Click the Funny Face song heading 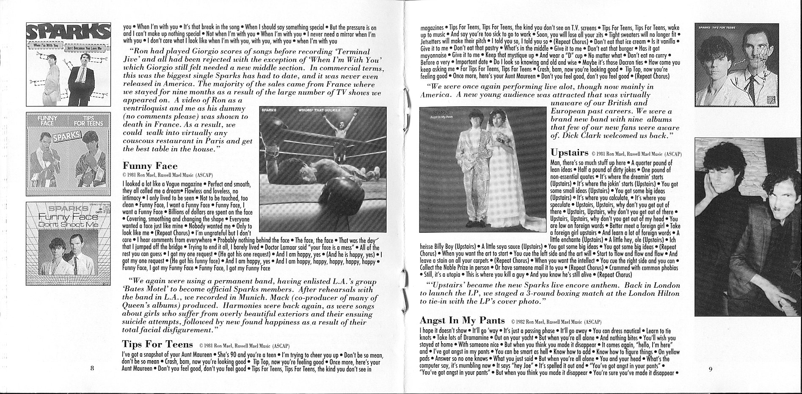tap(150, 166)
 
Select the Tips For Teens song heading tap(157, 343)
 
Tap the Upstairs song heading tap(569, 152)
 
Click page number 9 tap(711, 369)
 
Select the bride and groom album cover tap(483, 169)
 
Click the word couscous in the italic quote tap(138, 141)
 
